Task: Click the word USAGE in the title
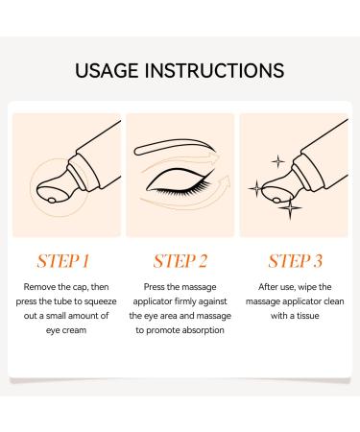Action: [107, 71]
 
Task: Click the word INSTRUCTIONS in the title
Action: [214, 71]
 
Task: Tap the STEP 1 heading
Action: [63, 261]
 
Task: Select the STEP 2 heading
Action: [180, 261]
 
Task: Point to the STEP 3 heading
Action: [295, 261]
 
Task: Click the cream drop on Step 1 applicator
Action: [52, 201]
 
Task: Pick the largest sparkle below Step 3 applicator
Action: [290, 208]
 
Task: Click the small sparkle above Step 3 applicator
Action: [277, 161]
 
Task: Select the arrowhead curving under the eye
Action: [225, 183]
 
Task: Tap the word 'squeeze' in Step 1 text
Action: [102, 301]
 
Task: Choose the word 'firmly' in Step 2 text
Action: [185, 301]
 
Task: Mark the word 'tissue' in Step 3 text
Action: [308, 316]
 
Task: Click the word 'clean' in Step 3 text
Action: [334, 301]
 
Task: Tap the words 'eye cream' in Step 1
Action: [66, 330]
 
